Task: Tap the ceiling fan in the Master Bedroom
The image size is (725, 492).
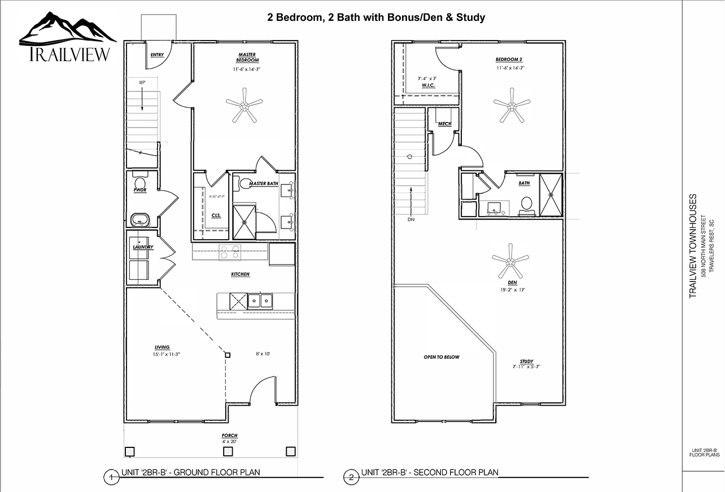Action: click(244, 104)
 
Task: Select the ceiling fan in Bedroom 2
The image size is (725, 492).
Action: click(512, 104)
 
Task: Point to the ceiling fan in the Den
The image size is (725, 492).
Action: click(510, 261)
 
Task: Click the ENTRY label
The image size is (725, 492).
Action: click(156, 55)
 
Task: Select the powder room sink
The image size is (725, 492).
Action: click(139, 219)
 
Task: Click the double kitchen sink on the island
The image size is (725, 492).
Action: click(260, 301)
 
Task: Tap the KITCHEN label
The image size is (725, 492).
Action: click(240, 274)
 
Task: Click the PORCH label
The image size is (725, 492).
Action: click(229, 436)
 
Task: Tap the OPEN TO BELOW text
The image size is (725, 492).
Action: click(442, 357)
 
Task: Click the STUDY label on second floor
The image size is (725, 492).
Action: click(526, 361)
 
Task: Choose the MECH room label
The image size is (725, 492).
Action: click(444, 124)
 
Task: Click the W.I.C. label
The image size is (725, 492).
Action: click(429, 85)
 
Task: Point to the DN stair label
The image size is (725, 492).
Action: click(410, 220)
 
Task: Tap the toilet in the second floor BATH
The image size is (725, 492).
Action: click(527, 204)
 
